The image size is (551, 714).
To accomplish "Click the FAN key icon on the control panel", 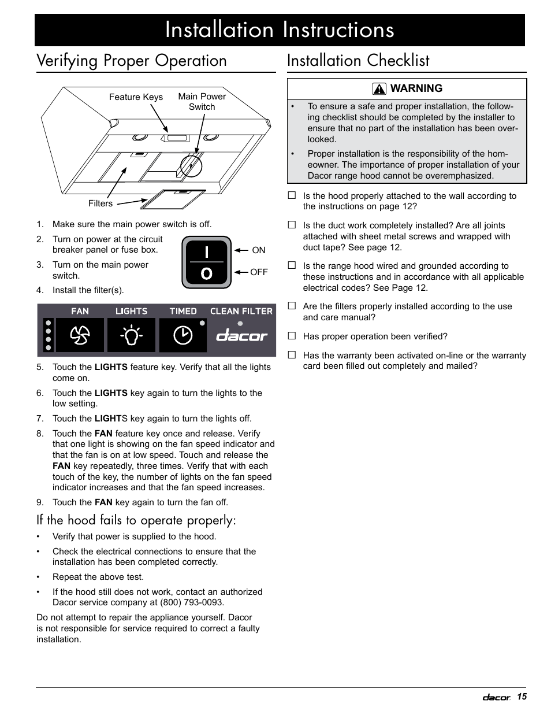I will pos(80,335).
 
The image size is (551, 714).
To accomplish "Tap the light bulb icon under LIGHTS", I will pos(132,335).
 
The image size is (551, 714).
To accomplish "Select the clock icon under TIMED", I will pos(183,335).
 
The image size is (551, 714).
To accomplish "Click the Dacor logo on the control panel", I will pos(242,336).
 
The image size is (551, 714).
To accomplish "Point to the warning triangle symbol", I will pos(379,88).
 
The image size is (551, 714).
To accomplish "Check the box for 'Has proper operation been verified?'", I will pos(292,336).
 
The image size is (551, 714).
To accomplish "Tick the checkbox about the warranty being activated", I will pos(292,355).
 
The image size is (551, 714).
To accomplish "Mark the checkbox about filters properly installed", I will pos(292,306).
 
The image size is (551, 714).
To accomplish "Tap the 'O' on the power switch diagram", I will pos(206,273).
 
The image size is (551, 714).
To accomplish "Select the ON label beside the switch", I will pos(259,250).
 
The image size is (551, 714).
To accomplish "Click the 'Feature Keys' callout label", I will pos(136,97).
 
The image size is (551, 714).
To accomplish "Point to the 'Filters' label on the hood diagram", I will pos(100,204).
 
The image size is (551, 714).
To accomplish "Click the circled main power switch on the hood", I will pos(191,167).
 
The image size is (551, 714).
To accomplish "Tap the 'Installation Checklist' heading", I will pos(358,61).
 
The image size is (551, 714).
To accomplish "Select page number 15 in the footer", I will pos(522,697).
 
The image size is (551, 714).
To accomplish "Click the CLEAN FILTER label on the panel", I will pos(241,311).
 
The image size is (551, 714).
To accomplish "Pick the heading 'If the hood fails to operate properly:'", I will pos(136,520).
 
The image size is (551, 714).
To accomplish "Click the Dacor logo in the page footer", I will pos(496,698).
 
